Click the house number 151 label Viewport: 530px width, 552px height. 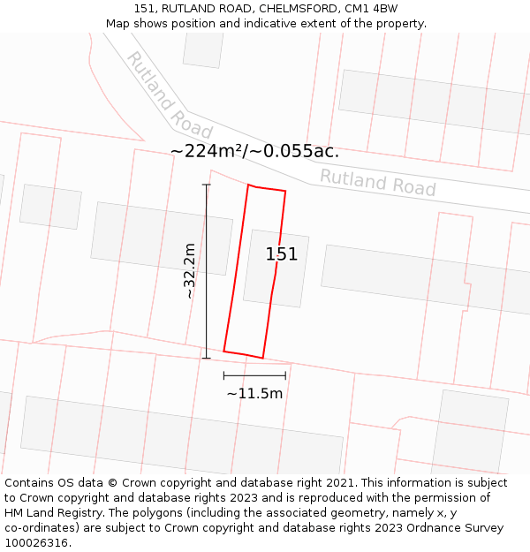(282, 254)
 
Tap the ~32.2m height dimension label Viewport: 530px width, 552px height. (189, 271)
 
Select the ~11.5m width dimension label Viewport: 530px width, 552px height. (254, 393)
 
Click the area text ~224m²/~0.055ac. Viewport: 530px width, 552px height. (254, 151)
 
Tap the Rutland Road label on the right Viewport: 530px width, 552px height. (377, 182)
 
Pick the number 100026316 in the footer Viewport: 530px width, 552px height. (36, 543)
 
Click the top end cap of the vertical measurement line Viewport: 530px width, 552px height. (207, 185)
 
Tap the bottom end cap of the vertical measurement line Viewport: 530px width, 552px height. (207, 358)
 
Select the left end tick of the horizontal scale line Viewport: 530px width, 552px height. (223, 375)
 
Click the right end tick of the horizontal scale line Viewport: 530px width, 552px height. (285, 375)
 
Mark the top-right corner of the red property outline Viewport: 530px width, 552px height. (285, 191)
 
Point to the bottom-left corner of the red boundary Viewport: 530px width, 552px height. (223, 351)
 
